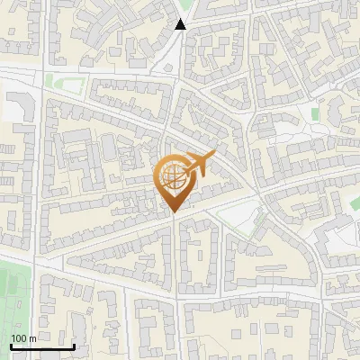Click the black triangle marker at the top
181,24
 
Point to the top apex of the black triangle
181,19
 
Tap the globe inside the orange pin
173,176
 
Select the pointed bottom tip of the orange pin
173,212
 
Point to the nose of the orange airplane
215,154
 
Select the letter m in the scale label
32,338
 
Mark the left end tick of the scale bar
11,345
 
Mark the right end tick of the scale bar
74,345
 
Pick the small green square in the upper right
315,115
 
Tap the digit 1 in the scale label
13,338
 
